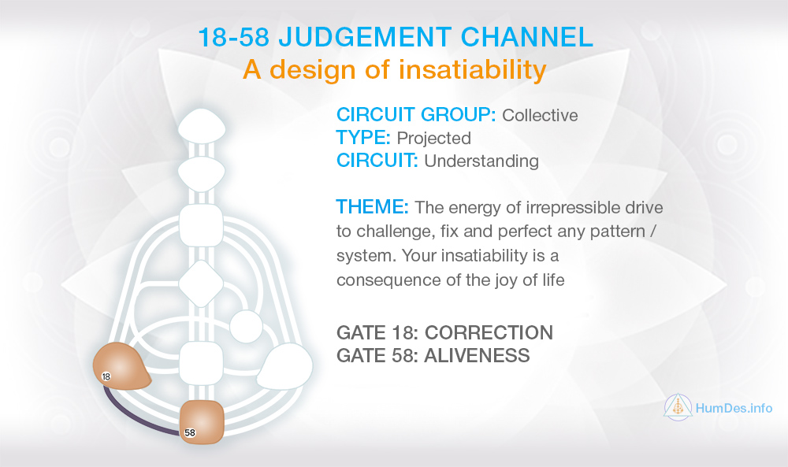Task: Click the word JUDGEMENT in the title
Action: coord(365,37)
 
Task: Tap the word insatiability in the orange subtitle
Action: coord(473,70)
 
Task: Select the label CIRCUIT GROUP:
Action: coord(416,115)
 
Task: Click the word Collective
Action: coord(540,116)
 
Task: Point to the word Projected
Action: coord(433,138)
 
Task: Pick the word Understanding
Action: coord(481,161)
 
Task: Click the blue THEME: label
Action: coord(373,207)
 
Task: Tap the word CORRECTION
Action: coord(489,332)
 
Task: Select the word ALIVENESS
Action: coord(477,355)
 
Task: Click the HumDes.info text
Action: coord(734,408)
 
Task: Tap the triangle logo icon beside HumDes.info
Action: coord(678,406)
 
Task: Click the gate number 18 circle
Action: coord(106,376)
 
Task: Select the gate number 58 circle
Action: coord(190,432)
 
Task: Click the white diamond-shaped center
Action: coord(201,284)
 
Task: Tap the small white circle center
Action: coord(246,327)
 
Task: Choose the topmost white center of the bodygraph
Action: coord(202,126)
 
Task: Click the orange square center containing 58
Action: coord(202,422)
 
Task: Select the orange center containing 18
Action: coord(121,366)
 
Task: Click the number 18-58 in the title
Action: coord(234,37)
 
